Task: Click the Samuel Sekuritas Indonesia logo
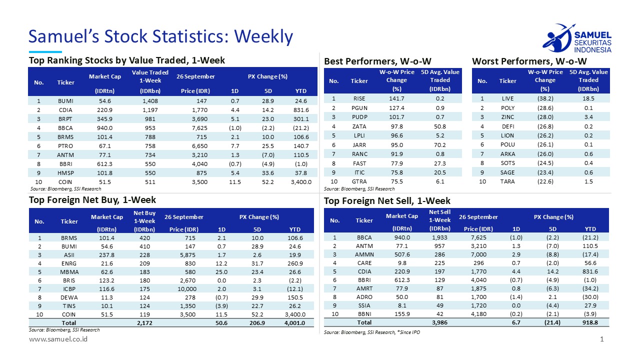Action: [x=576, y=38]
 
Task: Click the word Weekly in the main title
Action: [x=263, y=36]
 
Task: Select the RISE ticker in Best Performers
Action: [x=359, y=98]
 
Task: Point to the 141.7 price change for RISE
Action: [x=396, y=98]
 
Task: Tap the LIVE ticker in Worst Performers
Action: [x=507, y=98]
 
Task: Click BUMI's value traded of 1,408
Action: [x=149, y=100]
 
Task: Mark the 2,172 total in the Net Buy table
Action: [x=144, y=323]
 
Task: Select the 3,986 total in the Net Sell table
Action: [x=439, y=323]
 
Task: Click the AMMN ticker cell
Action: [x=364, y=255]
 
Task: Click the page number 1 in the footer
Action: [x=602, y=339]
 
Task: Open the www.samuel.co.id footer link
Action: [x=58, y=339]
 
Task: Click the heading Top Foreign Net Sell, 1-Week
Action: [x=387, y=201]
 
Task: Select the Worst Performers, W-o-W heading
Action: [x=529, y=61]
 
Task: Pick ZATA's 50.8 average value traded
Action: [x=440, y=126]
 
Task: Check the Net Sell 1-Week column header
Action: [x=439, y=216]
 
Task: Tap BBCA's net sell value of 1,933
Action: [x=439, y=237]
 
